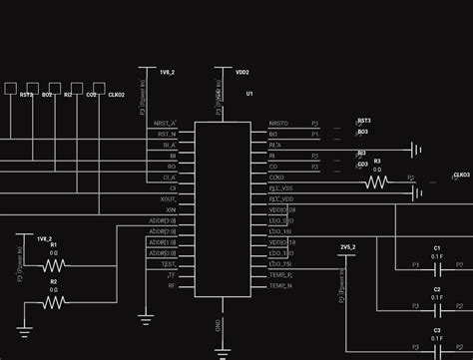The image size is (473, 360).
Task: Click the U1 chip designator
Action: (x=249, y=93)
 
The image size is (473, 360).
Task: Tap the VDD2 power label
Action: (x=241, y=73)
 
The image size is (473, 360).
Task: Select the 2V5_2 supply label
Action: (x=347, y=246)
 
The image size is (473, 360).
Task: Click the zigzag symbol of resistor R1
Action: (x=54, y=265)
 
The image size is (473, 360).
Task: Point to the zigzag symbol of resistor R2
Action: (x=54, y=302)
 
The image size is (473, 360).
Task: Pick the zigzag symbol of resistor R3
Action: (x=376, y=181)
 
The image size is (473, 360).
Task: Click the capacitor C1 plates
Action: (x=437, y=266)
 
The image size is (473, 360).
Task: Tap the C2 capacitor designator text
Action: (x=437, y=289)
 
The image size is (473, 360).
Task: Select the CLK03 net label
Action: (x=461, y=175)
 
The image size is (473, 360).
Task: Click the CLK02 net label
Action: (x=115, y=95)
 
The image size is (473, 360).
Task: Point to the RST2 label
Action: (x=26, y=95)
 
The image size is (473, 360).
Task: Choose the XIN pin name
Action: (x=171, y=210)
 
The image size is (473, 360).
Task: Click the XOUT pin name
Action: (x=169, y=198)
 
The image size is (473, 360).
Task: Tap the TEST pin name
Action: (x=169, y=264)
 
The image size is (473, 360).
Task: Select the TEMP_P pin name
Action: (x=280, y=274)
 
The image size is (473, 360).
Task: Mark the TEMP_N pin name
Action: (x=280, y=286)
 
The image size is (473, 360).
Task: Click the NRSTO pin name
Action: (x=278, y=124)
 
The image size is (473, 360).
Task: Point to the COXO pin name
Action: (x=276, y=178)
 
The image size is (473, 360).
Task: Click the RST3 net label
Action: (x=364, y=120)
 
